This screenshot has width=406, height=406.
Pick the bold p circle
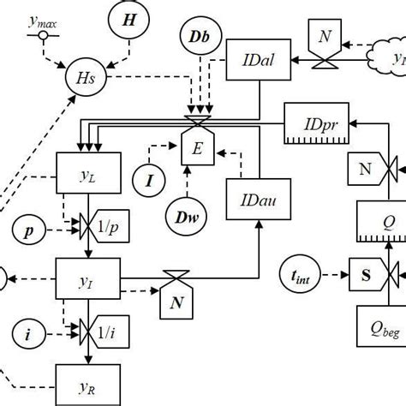30,232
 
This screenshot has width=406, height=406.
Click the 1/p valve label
107,227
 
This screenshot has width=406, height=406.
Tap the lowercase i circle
30,335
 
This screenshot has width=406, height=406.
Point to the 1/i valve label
107,330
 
